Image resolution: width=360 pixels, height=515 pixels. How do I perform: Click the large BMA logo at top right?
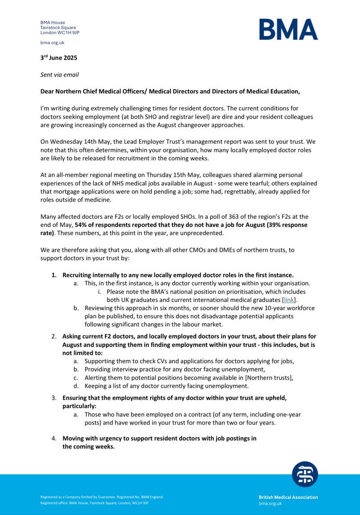point(288,30)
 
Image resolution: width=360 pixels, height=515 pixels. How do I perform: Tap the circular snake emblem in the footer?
point(305,474)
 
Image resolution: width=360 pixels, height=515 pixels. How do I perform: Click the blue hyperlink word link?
point(289,300)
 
